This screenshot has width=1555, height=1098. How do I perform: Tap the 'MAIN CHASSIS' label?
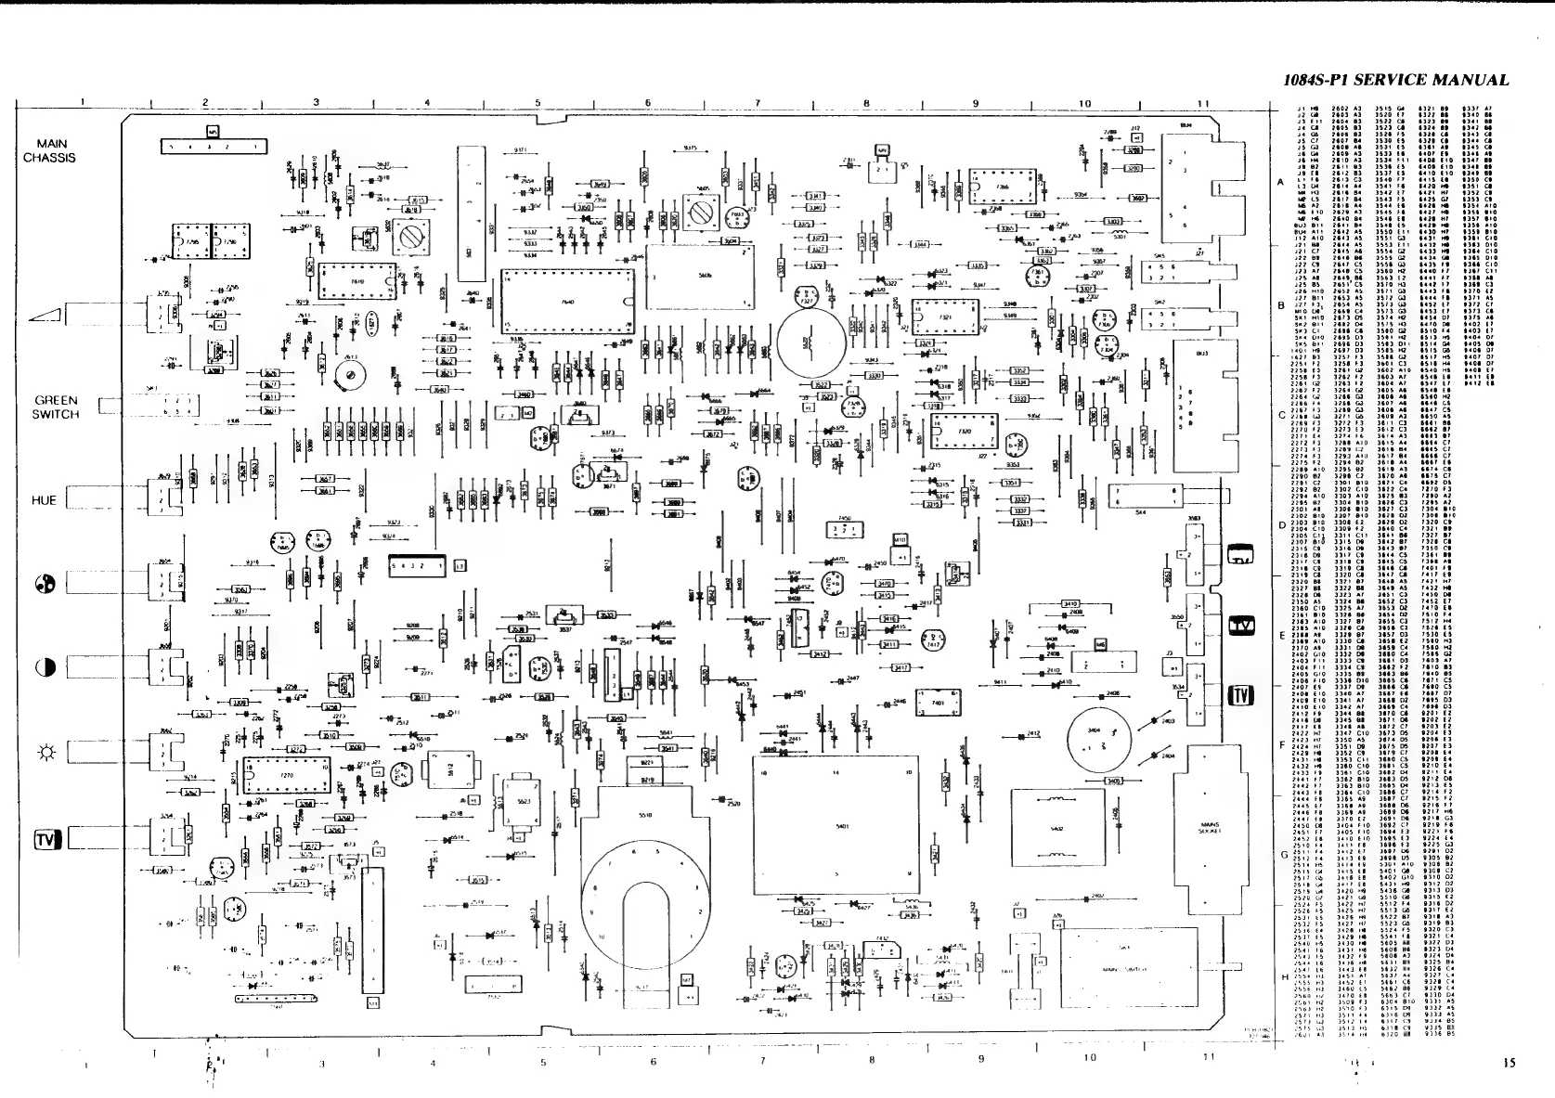pos(49,150)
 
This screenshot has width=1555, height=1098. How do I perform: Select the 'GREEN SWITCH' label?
pos(56,407)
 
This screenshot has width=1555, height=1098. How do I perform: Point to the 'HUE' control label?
pos(44,500)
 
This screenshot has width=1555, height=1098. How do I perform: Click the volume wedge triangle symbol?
pos(45,315)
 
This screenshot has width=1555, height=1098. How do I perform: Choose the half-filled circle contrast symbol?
pos(46,667)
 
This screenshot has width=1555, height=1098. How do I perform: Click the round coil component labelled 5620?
pos(810,341)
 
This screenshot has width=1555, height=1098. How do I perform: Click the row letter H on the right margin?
pos(1283,977)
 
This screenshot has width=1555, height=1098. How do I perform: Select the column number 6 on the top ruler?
pos(647,102)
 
